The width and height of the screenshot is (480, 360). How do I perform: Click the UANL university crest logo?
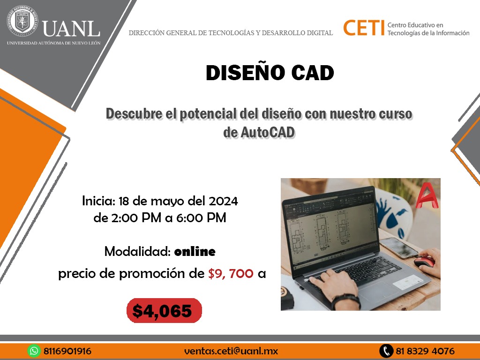(22, 21)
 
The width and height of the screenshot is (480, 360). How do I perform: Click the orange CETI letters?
(363, 28)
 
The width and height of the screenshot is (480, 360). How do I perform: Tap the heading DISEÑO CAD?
(270, 73)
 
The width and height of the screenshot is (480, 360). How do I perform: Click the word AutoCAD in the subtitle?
(268, 133)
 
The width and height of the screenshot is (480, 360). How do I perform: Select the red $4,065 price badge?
(164, 310)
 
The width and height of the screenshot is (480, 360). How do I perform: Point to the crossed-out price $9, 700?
(231, 273)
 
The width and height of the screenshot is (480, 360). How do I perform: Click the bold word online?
(195, 252)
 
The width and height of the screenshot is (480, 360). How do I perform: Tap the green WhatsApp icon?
(34, 351)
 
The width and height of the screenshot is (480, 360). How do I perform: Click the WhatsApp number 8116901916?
(67, 351)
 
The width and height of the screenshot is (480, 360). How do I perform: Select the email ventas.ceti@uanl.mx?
(231, 351)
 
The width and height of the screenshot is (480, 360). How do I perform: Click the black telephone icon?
(386, 351)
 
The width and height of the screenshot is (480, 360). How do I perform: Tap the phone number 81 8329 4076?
(425, 351)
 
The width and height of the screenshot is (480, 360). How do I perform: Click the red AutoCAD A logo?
(427, 195)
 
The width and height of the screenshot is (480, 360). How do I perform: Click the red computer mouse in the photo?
(424, 262)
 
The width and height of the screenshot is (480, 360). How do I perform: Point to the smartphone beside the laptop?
(399, 247)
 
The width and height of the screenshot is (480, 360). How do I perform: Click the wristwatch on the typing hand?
(346, 300)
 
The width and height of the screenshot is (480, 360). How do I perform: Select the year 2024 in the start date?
(224, 201)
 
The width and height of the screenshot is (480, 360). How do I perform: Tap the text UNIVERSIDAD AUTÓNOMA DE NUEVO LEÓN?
(53, 43)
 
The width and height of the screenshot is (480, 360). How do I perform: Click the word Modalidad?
(137, 251)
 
